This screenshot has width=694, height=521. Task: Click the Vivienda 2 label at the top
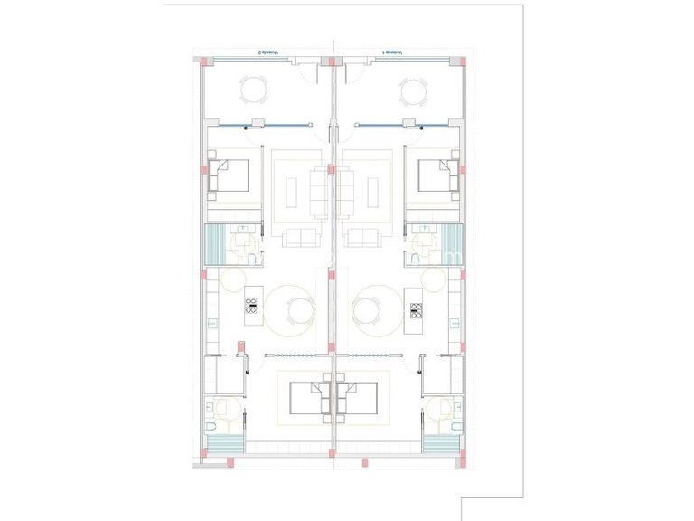tap(261, 53)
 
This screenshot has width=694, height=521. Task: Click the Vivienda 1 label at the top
tap(393, 53)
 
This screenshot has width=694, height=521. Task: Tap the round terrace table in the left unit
tap(254, 90)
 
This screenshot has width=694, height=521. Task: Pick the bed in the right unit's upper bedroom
tap(438, 176)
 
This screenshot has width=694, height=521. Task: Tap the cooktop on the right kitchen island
tap(417, 310)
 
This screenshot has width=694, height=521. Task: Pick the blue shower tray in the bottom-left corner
tap(226, 445)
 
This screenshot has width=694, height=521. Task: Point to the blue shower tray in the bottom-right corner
tap(440, 445)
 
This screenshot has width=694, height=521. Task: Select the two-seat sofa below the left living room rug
tap(298, 238)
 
